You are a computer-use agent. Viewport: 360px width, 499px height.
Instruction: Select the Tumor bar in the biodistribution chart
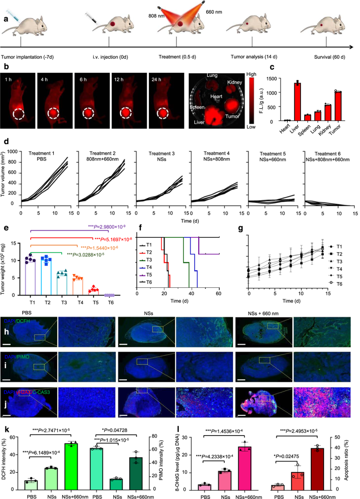pyautogui.click(x=340, y=106)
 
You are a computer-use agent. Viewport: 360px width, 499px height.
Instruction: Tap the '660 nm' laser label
pyautogui.click(x=215, y=11)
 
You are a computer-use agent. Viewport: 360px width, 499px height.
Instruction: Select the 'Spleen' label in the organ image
pyautogui.click(x=197, y=107)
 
